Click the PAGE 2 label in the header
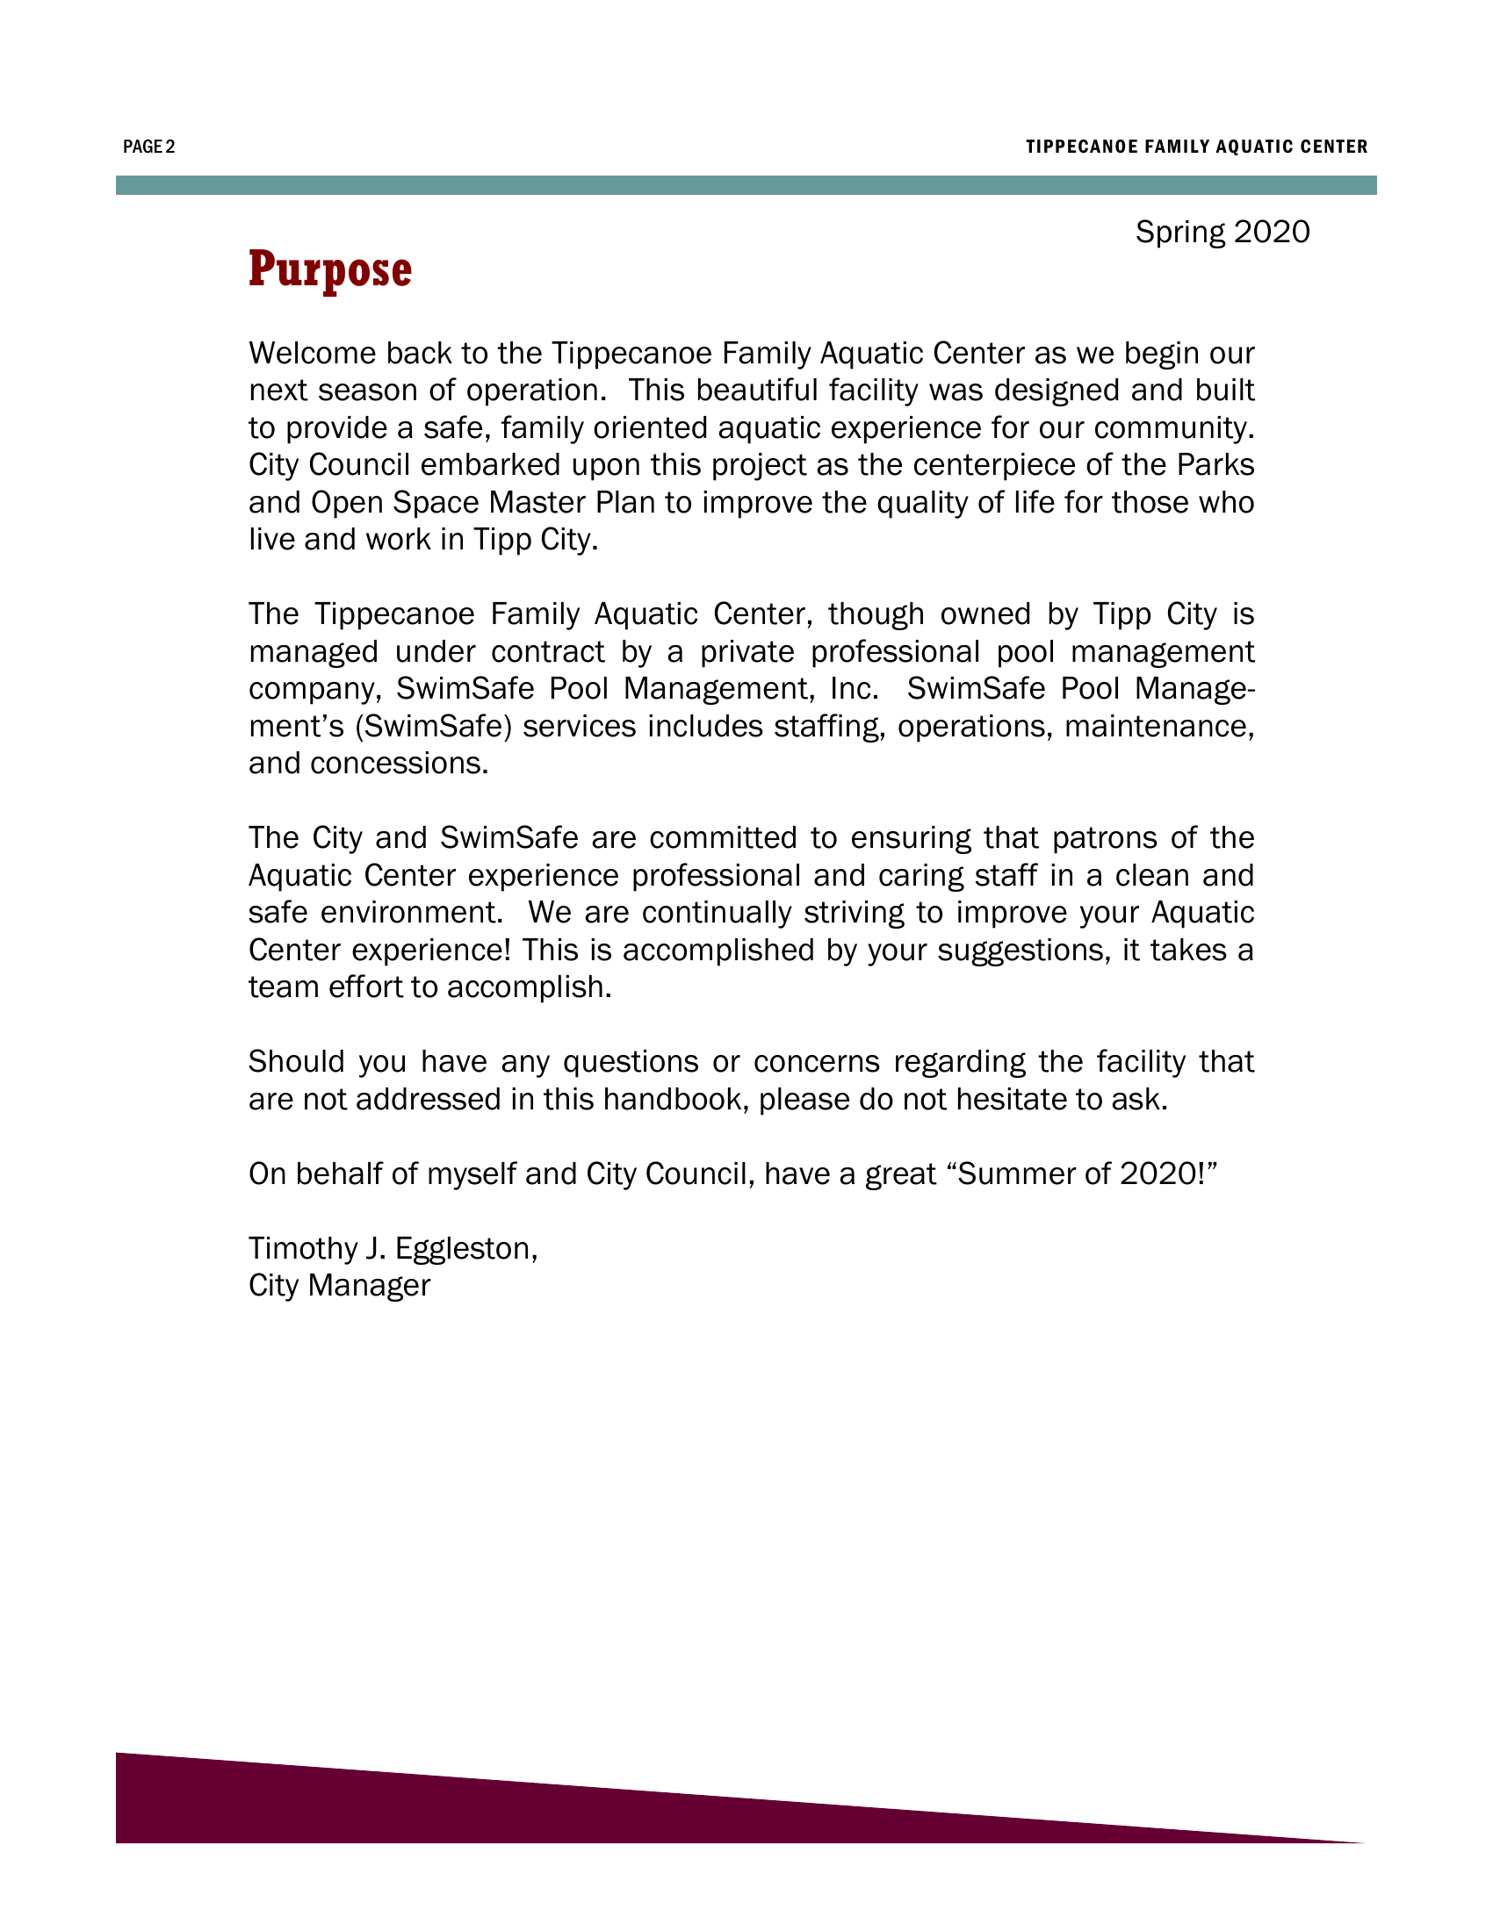point(148,147)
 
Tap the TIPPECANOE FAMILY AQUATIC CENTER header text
point(1196,147)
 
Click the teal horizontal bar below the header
point(746,185)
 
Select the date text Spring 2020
point(1222,232)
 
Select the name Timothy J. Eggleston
point(393,1247)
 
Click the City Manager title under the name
point(339,1285)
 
